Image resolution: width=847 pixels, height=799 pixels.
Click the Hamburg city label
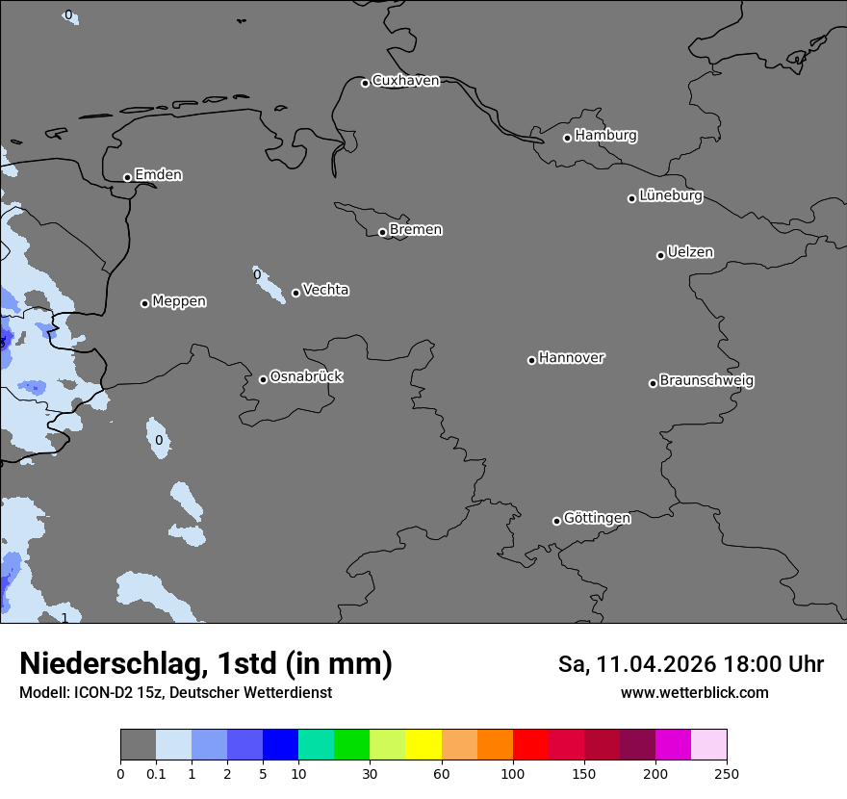coord(605,136)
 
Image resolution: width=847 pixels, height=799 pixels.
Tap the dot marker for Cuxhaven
coord(365,83)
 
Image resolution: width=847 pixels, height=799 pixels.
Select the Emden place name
coord(158,175)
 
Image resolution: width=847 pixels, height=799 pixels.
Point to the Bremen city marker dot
coord(382,232)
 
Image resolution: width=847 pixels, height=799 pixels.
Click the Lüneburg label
coord(670,196)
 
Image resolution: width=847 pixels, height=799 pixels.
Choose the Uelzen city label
coord(690,253)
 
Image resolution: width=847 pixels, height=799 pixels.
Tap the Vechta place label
coord(325,290)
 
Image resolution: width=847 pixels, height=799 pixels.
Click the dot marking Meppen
coord(144,303)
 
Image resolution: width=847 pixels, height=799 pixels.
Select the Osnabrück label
coord(306,377)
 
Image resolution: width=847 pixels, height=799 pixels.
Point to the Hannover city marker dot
coord(531,360)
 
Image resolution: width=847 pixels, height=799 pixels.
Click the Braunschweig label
coord(706,381)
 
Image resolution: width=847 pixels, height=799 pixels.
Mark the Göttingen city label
coord(597,519)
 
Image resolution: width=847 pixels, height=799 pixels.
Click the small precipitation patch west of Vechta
coord(269,285)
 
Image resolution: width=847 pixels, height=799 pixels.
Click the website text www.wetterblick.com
coord(694,693)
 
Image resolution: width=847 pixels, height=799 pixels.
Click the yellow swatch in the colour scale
coord(423,745)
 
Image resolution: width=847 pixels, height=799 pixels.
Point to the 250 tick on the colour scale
coord(726,773)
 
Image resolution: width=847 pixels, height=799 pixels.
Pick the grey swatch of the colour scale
coord(138,745)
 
